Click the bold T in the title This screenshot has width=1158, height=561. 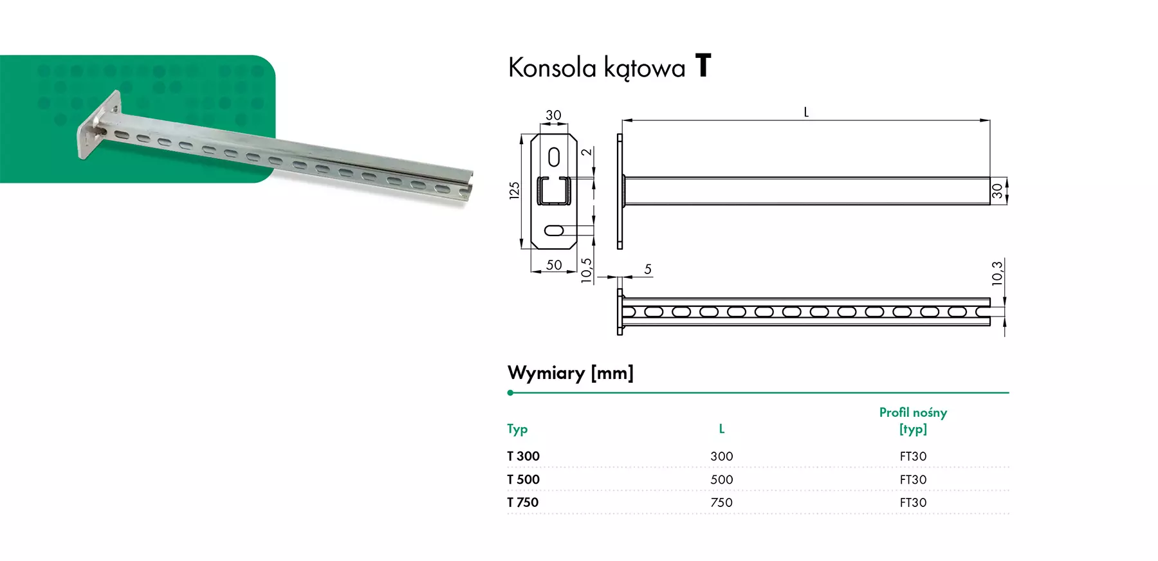[x=703, y=66]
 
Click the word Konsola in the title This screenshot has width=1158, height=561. [x=552, y=68]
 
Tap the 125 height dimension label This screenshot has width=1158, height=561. [x=514, y=190]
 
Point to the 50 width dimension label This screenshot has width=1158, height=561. [x=554, y=265]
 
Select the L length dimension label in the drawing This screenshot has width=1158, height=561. [x=806, y=113]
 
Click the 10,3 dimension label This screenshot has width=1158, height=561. [x=997, y=273]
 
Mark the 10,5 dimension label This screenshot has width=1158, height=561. [x=586, y=270]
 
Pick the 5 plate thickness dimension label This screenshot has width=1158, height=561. [x=648, y=269]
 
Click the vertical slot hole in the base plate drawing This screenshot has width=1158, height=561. [x=554, y=157]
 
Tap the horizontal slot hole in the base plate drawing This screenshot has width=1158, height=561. [x=554, y=230]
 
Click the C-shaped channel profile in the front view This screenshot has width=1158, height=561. [x=554, y=190]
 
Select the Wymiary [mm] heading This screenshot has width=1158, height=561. [x=570, y=373]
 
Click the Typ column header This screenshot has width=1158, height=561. [x=517, y=429]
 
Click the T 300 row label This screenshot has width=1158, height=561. [x=523, y=456]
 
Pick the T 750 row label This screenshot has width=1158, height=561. [x=522, y=502]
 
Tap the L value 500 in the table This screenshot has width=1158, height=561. [x=721, y=479]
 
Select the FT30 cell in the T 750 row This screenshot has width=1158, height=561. [x=913, y=502]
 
